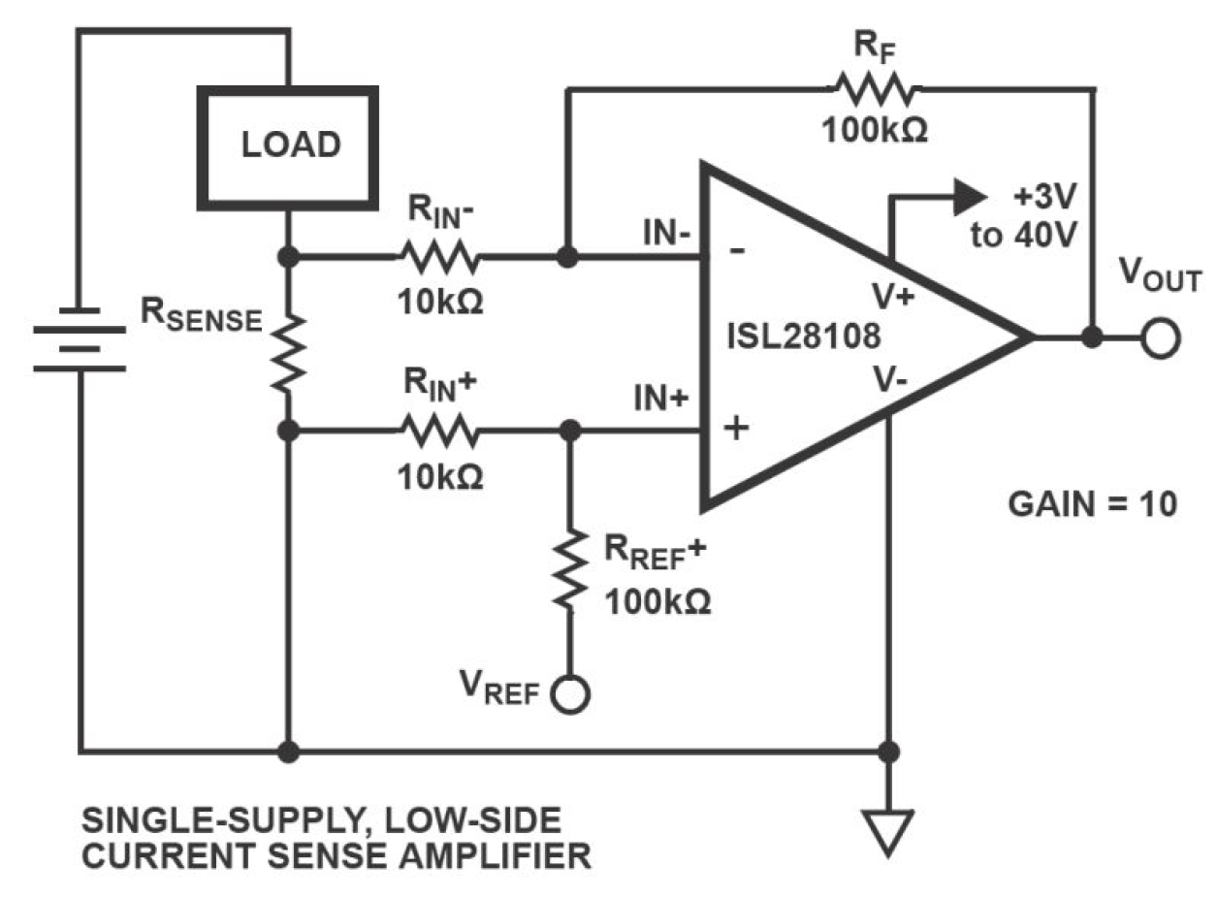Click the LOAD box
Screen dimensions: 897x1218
pyautogui.click(x=289, y=146)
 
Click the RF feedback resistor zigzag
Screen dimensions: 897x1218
pyautogui.click(x=870, y=90)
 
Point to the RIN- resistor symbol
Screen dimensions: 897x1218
pyautogui.click(x=437, y=258)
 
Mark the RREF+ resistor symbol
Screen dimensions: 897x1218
pyautogui.click(x=570, y=570)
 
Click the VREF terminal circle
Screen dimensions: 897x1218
pyautogui.click(x=569, y=693)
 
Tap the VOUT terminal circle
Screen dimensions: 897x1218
pyautogui.click(x=1160, y=338)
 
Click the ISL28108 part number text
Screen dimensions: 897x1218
pyautogui.click(x=804, y=337)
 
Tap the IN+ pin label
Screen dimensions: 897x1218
pyautogui.click(x=662, y=400)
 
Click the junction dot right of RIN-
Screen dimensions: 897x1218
pyautogui.click(x=569, y=258)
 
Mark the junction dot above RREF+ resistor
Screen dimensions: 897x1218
pyautogui.click(x=571, y=430)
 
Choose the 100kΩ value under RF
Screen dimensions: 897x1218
pyautogui.click(x=875, y=130)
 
